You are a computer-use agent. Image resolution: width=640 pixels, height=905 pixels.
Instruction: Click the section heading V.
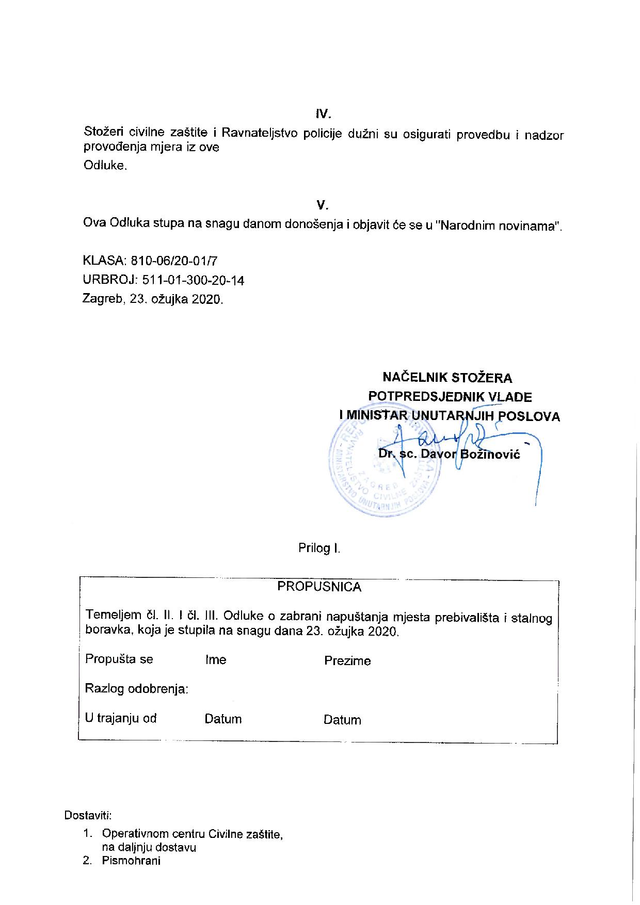click(x=322, y=205)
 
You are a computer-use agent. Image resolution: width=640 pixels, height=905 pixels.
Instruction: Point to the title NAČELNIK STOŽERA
click(x=447, y=378)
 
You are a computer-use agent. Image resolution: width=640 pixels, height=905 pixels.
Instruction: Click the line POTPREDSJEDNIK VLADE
click(x=450, y=397)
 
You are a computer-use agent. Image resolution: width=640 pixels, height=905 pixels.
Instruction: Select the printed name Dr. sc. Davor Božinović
click(x=449, y=454)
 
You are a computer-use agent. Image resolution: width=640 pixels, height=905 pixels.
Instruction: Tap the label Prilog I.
click(x=319, y=548)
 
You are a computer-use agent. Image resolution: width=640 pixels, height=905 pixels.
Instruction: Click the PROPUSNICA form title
click(x=319, y=587)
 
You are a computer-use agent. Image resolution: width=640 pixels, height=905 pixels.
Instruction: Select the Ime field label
click(x=216, y=660)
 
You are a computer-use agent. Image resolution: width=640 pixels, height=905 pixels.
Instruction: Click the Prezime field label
click(x=347, y=661)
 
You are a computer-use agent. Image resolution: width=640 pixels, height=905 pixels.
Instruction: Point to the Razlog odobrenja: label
click(x=136, y=689)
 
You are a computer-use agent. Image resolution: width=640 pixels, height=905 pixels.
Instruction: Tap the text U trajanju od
click(x=121, y=718)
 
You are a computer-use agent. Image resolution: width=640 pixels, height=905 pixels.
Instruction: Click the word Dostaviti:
click(x=88, y=816)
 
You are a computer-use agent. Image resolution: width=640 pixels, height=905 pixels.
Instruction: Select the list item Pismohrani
click(x=131, y=861)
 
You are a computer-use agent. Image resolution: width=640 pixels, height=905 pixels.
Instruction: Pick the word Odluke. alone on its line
click(x=105, y=166)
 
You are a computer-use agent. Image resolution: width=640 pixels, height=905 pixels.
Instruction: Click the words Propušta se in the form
click(x=119, y=659)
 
